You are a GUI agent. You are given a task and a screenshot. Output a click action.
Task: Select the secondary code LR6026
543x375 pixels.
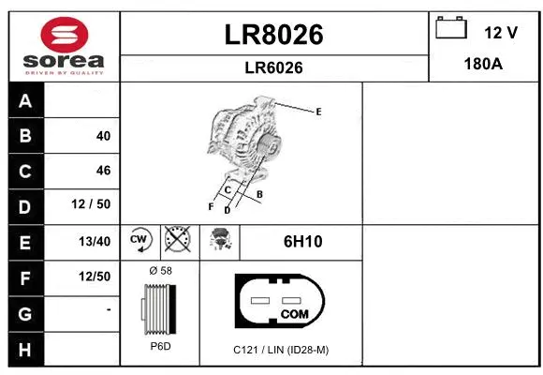274,67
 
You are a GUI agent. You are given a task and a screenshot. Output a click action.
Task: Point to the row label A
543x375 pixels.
25,101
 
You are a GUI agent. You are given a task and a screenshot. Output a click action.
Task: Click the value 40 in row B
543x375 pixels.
103,136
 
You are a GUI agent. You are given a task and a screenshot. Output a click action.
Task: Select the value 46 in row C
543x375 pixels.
103,171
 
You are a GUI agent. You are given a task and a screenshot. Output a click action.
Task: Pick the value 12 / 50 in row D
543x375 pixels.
96,205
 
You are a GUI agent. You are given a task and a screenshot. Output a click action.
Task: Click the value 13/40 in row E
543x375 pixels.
95,241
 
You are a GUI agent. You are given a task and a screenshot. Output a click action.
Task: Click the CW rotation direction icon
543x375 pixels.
140,241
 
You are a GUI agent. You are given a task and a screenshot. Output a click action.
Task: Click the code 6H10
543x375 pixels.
302,242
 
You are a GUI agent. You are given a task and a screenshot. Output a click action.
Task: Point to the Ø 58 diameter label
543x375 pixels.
161,271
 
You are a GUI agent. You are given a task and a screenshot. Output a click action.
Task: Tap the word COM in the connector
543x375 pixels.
295,313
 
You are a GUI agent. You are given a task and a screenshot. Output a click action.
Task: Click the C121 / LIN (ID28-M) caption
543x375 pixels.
281,350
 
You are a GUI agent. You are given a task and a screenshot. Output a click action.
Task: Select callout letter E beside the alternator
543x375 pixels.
318,112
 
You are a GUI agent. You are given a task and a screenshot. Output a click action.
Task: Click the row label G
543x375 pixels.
25,312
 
